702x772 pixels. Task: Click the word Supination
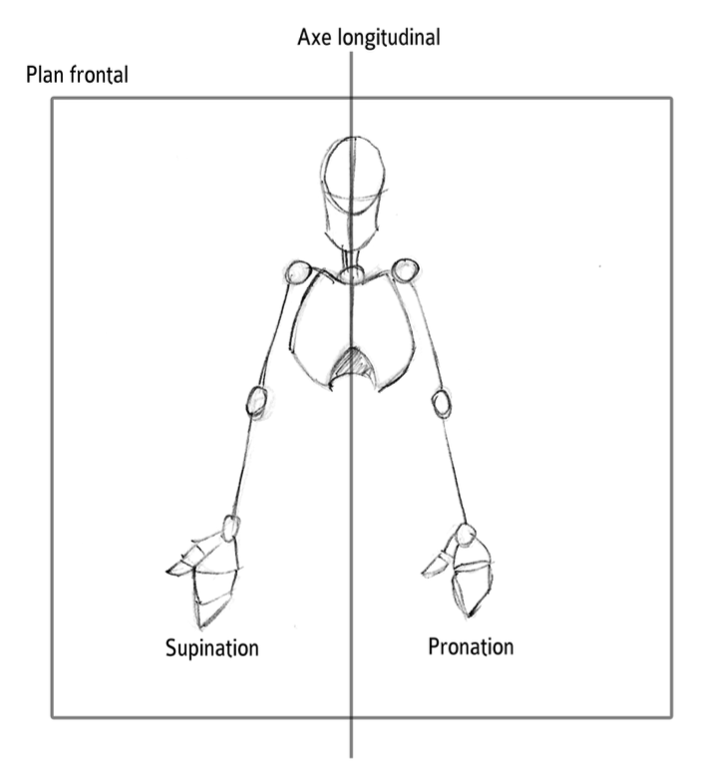(x=211, y=647)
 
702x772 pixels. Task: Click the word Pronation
(x=471, y=646)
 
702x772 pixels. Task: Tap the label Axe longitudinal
(x=368, y=38)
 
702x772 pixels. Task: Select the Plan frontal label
(x=79, y=76)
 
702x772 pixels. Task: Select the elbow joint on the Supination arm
(x=256, y=401)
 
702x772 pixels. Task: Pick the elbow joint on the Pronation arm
(x=442, y=402)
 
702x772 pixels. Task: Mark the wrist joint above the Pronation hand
(x=465, y=537)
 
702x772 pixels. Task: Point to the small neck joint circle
(x=351, y=274)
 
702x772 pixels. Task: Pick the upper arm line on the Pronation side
(x=423, y=335)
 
